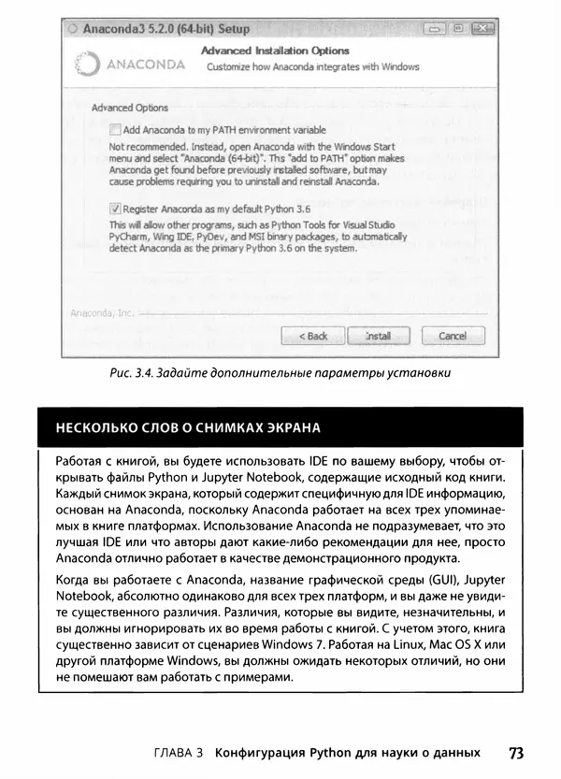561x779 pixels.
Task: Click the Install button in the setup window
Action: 377,335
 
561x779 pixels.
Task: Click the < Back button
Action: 313,335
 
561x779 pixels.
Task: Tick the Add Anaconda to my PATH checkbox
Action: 116,129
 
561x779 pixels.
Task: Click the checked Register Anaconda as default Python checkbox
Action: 116,210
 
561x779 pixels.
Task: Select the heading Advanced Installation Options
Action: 276,50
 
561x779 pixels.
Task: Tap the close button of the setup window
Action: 482,29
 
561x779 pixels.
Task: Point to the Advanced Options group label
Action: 130,108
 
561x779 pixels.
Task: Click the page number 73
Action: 517,752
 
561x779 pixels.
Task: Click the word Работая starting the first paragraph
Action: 79,462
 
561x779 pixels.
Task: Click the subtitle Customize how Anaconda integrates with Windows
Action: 312,67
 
